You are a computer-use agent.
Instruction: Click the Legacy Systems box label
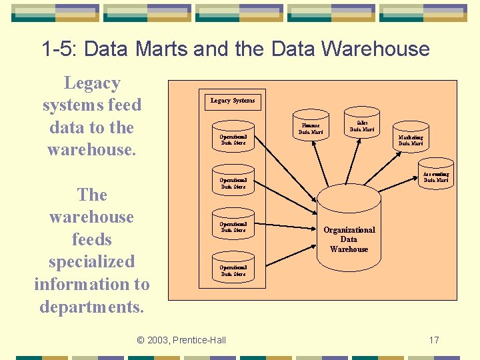(233, 101)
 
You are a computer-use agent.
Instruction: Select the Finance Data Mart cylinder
(309, 128)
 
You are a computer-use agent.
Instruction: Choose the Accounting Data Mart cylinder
(436, 176)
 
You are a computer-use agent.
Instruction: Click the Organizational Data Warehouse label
(349, 239)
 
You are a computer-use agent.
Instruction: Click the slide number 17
(434, 340)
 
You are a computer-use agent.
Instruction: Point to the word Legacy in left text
(92, 83)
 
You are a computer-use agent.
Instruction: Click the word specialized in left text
(92, 261)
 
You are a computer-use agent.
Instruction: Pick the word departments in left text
(92, 307)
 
